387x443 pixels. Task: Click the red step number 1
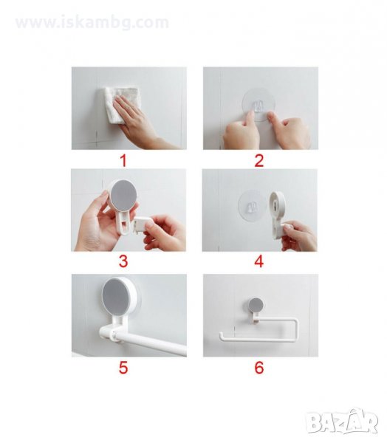(x=123, y=160)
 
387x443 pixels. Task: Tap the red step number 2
(x=259, y=160)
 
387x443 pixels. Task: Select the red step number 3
(x=123, y=261)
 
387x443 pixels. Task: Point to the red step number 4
(x=259, y=261)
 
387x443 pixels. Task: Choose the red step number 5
(x=123, y=368)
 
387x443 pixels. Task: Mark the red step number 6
(x=259, y=368)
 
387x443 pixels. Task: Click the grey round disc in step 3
(x=123, y=195)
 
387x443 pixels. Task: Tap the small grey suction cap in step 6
(x=256, y=305)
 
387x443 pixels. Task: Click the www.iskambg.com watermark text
(x=92, y=22)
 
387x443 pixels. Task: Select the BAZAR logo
(x=343, y=421)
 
